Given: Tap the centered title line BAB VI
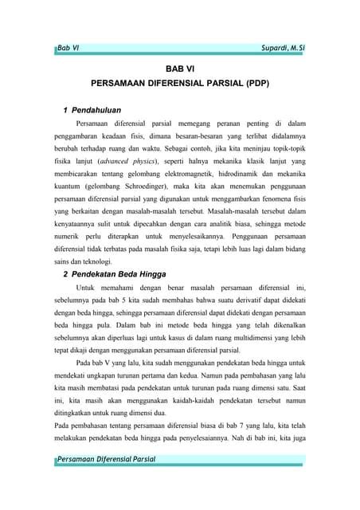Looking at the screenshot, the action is coord(179,69).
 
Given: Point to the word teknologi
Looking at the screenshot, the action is coord(97,261).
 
